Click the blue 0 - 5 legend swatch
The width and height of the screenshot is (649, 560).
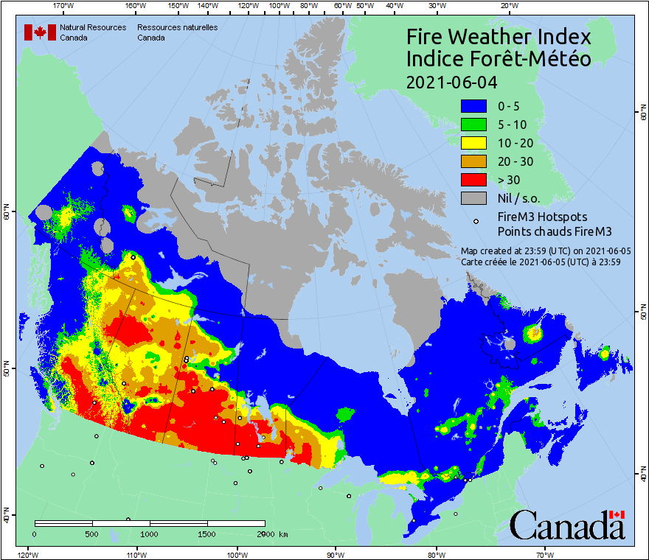point(473,106)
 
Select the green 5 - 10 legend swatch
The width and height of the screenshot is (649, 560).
point(473,125)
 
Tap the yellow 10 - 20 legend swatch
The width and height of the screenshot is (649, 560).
point(473,143)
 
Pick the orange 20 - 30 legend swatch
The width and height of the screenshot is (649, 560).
point(473,161)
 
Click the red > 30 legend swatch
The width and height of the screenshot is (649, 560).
point(473,180)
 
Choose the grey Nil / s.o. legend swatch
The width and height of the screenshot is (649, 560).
point(473,198)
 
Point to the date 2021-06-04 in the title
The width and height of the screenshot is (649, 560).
point(451,82)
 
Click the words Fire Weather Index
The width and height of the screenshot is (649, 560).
point(499,37)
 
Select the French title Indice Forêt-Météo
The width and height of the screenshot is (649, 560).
point(499,59)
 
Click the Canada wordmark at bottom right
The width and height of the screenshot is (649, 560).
point(567,525)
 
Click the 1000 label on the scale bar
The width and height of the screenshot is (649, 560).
point(150,533)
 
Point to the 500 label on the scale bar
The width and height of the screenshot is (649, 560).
point(92,533)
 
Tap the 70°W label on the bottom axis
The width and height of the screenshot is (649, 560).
point(545,553)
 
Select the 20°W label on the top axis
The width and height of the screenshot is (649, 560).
point(507,7)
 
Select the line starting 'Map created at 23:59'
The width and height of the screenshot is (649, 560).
point(540,251)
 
